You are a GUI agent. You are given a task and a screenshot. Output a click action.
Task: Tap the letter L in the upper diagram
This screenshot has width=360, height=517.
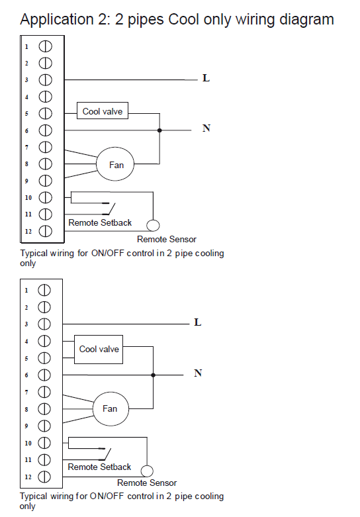click(x=206, y=78)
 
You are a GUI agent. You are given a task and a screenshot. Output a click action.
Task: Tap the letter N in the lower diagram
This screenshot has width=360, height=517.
click(x=198, y=373)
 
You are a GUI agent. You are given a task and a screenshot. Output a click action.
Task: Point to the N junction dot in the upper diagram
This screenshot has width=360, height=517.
click(x=159, y=130)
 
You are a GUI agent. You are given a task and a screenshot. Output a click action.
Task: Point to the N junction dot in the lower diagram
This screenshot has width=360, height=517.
click(x=153, y=375)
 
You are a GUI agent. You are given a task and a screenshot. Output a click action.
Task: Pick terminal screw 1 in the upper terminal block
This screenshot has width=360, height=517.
click(x=45, y=46)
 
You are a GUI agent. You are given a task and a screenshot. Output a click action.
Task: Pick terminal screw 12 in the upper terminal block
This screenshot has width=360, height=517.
click(x=45, y=231)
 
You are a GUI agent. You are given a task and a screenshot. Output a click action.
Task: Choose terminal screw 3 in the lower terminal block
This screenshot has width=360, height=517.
click(x=44, y=324)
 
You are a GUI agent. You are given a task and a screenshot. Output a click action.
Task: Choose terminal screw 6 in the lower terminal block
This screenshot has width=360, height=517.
click(x=44, y=375)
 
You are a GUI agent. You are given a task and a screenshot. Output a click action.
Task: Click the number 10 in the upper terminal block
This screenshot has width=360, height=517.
click(x=28, y=198)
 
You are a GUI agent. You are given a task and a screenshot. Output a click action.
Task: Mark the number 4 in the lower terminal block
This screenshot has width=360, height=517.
click(x=26, y=342)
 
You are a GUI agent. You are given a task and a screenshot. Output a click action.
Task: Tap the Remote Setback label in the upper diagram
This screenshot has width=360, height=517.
click(x=100, y=223)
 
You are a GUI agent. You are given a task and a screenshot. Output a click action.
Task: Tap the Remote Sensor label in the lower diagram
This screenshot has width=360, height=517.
click(x=147, y=483)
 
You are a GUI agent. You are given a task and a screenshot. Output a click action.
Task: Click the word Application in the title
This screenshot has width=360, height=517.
click(x=57, y=20)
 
